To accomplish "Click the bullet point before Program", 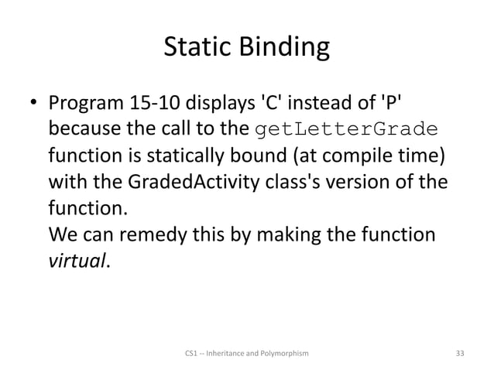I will click(34, 103).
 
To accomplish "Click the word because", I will click(82, 129).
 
